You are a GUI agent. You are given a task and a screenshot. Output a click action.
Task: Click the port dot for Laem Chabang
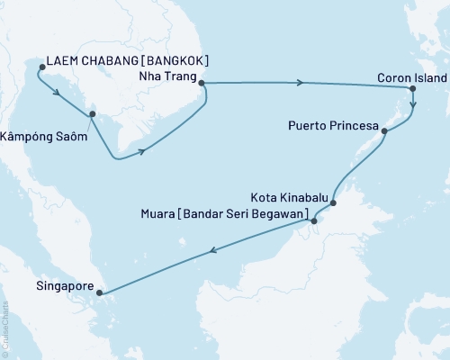click(41, 66)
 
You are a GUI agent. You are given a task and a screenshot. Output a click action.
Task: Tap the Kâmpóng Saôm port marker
click(91, 114)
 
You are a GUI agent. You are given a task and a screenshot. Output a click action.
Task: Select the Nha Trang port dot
click(202, 84)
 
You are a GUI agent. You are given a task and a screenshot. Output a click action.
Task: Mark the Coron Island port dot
click(412, 89)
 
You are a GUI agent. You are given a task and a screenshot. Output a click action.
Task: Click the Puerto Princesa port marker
click(385, 131)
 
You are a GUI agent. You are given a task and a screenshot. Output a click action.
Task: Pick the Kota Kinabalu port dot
click(333, 203)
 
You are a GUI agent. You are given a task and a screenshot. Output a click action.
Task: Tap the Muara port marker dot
click(313, 220)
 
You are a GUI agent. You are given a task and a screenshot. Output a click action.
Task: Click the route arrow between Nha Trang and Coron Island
click(300, 84)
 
